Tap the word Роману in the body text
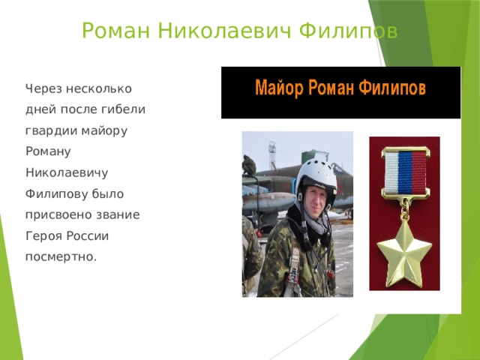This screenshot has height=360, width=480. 47,151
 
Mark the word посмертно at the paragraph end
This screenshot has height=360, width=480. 60,256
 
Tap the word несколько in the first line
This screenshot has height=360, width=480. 100,88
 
